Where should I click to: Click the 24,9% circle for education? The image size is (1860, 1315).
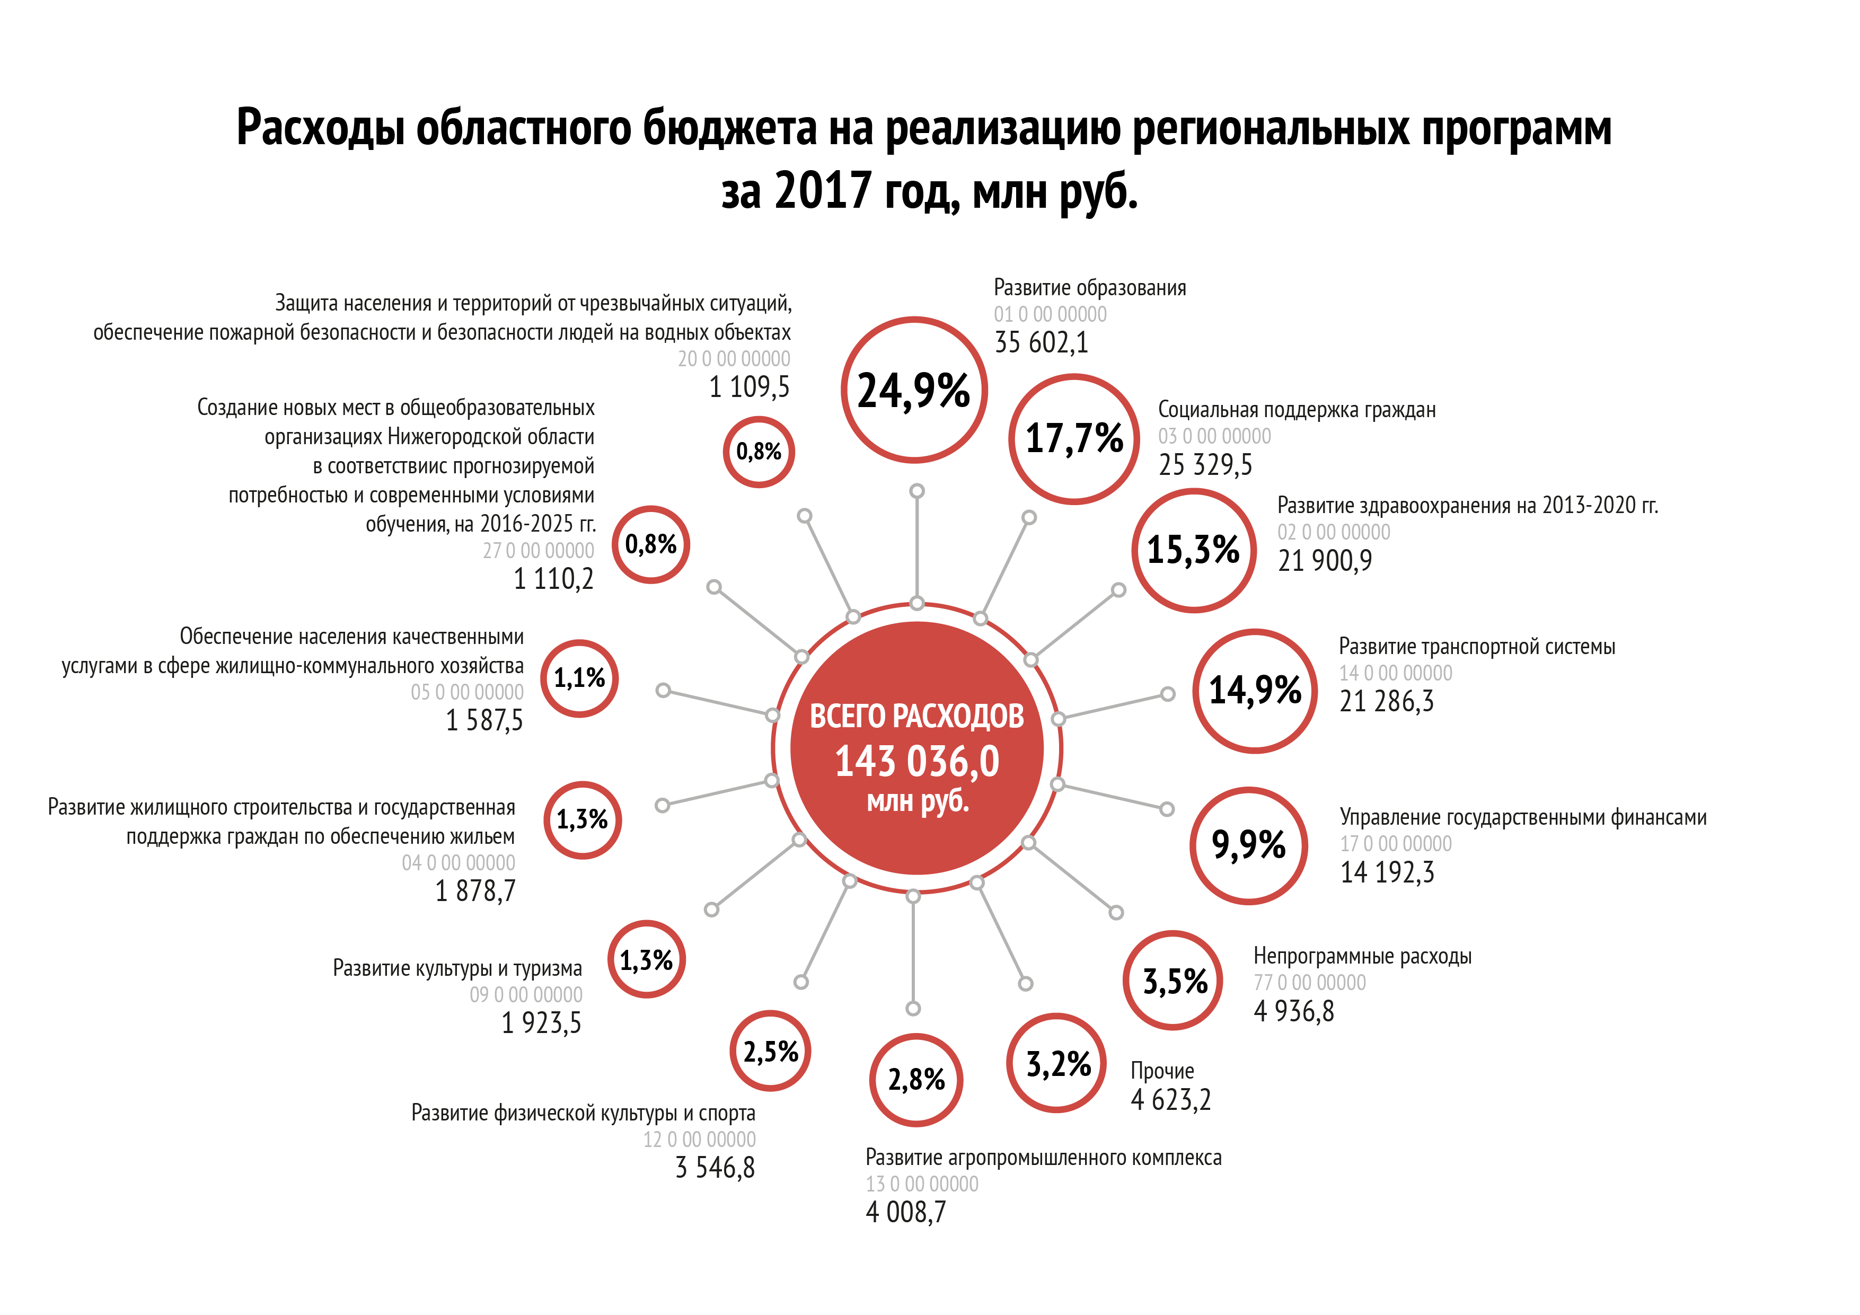(x=914, y=391)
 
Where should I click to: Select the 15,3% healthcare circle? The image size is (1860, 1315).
(x=1193, y=550)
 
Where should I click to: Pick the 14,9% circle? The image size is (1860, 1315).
(x=1255, y=690)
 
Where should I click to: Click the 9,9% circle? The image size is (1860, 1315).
(x=1248, y=845)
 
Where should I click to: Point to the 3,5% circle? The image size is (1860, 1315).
(x=1175, y=981)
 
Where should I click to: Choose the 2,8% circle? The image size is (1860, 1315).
(x=916, y=1080)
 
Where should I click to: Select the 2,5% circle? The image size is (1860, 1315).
(x=770, y=1052)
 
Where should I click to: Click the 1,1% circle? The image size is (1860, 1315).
(x=579, y=678)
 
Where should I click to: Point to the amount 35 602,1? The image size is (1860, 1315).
(x=1041, y=343)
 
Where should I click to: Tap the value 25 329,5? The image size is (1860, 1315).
(x=1205, y=465)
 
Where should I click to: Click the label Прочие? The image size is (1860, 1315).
(x=1162, y=1071)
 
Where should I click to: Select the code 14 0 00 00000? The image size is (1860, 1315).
(x=1395, y=673)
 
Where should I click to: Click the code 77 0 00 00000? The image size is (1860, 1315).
(x=1309, y=983)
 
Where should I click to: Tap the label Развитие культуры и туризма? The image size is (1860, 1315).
(x=457, y=968)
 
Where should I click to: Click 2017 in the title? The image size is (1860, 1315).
(x=822, y=191)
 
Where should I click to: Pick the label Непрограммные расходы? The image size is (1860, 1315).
(x=1362, y=956)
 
